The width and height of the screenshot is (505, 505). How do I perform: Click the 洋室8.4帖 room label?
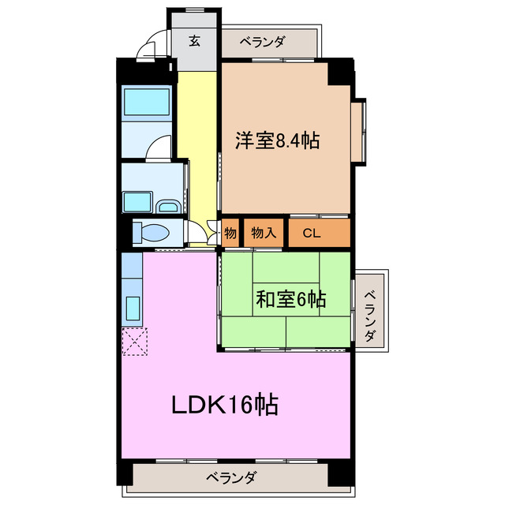click(276, 141)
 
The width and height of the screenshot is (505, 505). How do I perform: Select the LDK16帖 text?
click(225, 406)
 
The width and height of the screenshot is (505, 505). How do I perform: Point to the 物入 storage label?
click(263, 233)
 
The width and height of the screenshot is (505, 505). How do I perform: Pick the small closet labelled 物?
click(230, 233)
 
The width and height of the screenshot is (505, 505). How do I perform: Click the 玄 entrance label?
click(194, 41)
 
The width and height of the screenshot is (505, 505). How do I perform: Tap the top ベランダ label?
click(262, 42)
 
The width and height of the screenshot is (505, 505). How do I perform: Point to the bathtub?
click(147, 103)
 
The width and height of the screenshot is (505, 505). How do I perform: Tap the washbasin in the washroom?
click(169, 207)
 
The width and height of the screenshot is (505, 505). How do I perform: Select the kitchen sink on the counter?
click(132, 307)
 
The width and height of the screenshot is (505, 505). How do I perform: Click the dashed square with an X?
click(134, 342)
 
